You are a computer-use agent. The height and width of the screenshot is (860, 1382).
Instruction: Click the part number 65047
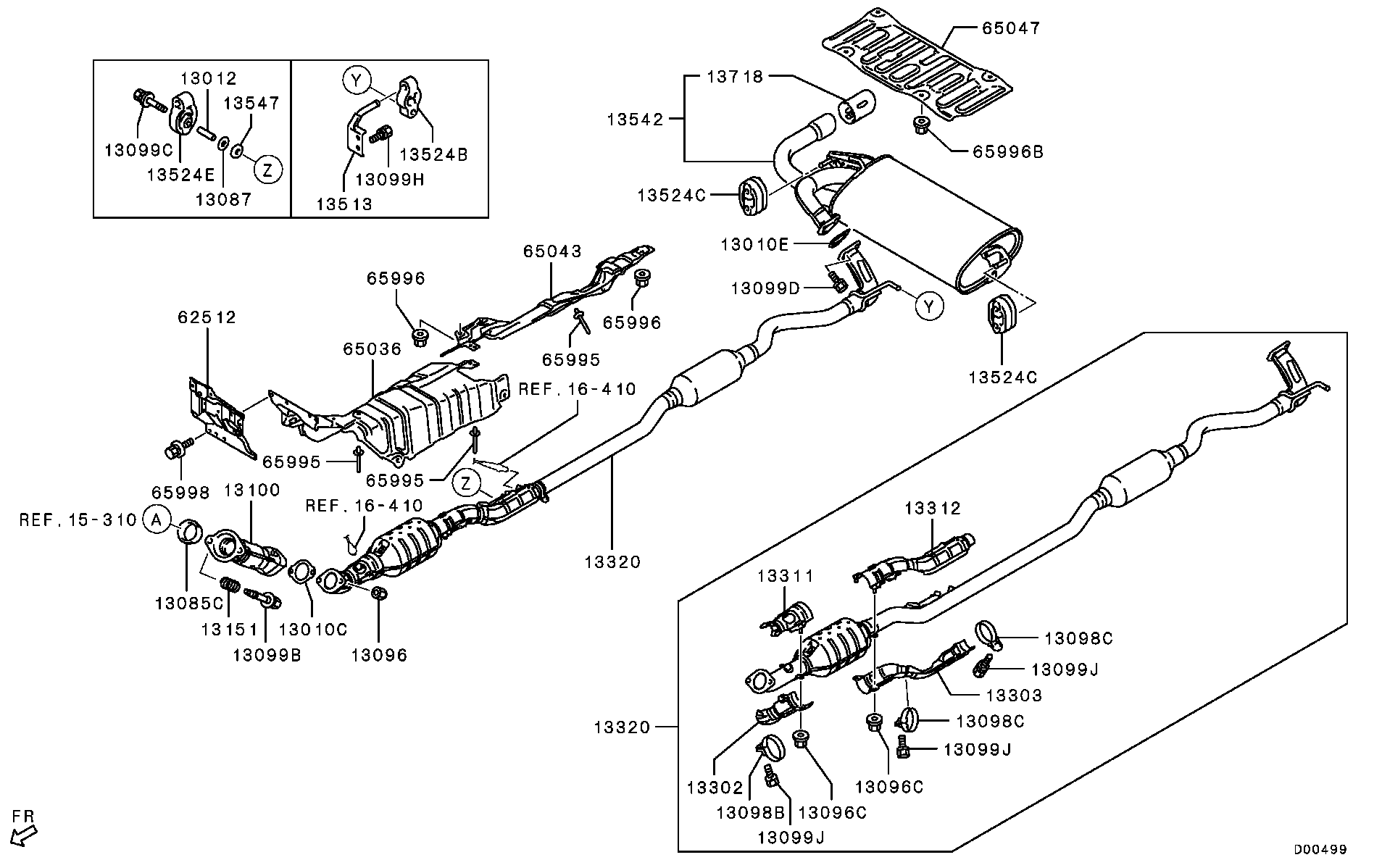click(1011, 28)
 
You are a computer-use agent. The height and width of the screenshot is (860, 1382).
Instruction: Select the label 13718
click(736, 76)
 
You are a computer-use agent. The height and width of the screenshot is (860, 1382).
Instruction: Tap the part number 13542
click(636, 120)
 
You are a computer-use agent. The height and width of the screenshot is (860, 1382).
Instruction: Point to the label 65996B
click(1008, 152)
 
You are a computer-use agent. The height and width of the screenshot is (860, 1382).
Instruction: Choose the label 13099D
click(765, 288)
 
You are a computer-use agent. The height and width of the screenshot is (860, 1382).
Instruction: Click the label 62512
click(207, 317)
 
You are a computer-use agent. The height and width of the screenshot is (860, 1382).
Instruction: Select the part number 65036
click(372, 348)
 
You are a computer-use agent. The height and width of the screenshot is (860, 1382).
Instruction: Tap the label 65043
click(553, 251)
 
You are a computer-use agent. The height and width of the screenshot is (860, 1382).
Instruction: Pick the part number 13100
click(251, 490)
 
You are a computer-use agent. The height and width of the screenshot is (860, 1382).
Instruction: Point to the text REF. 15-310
click(78, 519)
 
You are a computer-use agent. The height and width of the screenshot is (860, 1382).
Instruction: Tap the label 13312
click(933, 509)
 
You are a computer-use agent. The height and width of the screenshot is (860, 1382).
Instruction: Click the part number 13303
click(1014, 696)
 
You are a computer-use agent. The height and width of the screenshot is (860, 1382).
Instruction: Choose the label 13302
click(716, 788)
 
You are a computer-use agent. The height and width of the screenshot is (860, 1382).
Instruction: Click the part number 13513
click(344, 204)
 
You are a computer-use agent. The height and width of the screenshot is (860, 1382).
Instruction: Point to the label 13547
click(251, 103)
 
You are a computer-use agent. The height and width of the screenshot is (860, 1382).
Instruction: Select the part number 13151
click(230, 630)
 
